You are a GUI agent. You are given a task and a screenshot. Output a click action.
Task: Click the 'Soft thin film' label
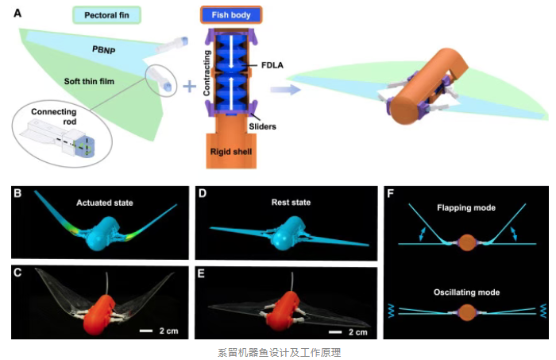tap(90, 81)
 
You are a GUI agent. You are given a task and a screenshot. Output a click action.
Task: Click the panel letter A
tap(17, 11)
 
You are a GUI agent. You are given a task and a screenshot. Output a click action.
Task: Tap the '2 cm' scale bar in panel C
tap(156, 329)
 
